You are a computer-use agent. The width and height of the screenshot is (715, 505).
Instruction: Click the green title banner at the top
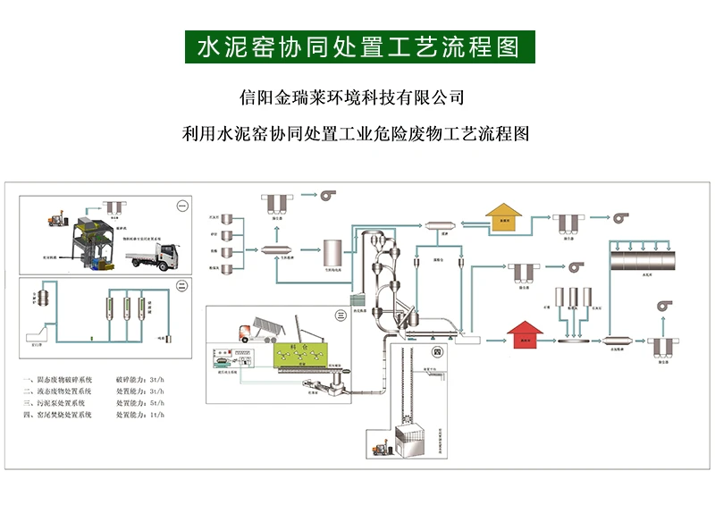pos(358,46)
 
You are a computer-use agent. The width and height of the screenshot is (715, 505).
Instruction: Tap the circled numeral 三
pos(339,315)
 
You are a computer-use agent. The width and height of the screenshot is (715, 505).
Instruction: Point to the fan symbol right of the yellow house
pos(619,216)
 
